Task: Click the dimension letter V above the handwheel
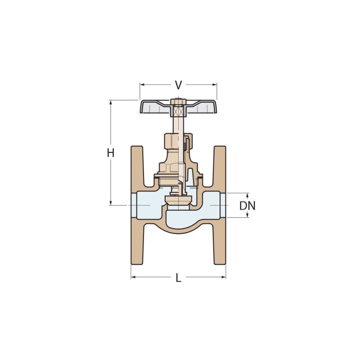(178, 85)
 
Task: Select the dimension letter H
(111, 153)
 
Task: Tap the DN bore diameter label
(247, 206)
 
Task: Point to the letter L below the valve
(178, 278)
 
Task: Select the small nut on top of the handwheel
(178, 101)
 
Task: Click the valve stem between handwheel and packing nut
(178, 124)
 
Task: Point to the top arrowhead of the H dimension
(111, 102)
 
